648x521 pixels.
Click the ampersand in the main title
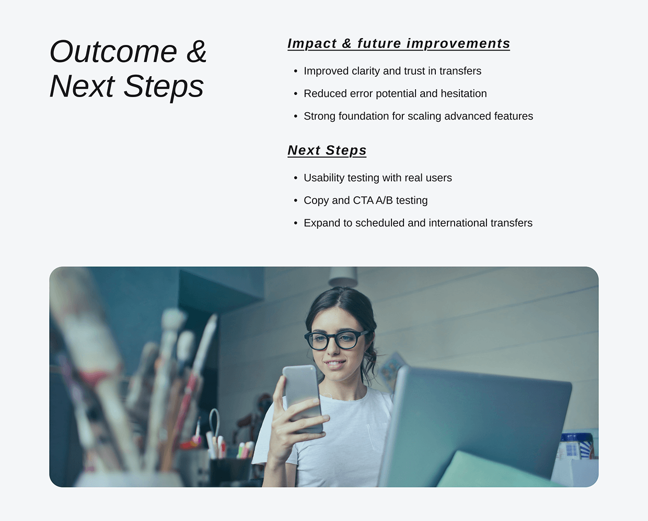point(196,52)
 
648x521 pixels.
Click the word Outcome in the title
point(113,52)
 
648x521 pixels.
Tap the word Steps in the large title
point(164,86)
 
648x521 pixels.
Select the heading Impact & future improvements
point(398,43)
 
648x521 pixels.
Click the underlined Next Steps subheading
point(327,150)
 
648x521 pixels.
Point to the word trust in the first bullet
point(411,71)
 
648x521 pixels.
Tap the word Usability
point(324,178)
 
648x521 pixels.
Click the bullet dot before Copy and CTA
point(296,200)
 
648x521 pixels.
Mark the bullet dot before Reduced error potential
point(296,93)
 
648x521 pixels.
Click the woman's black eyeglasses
point(335,340)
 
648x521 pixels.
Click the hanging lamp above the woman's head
point(343,276)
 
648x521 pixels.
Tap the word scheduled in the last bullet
point(379,223)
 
